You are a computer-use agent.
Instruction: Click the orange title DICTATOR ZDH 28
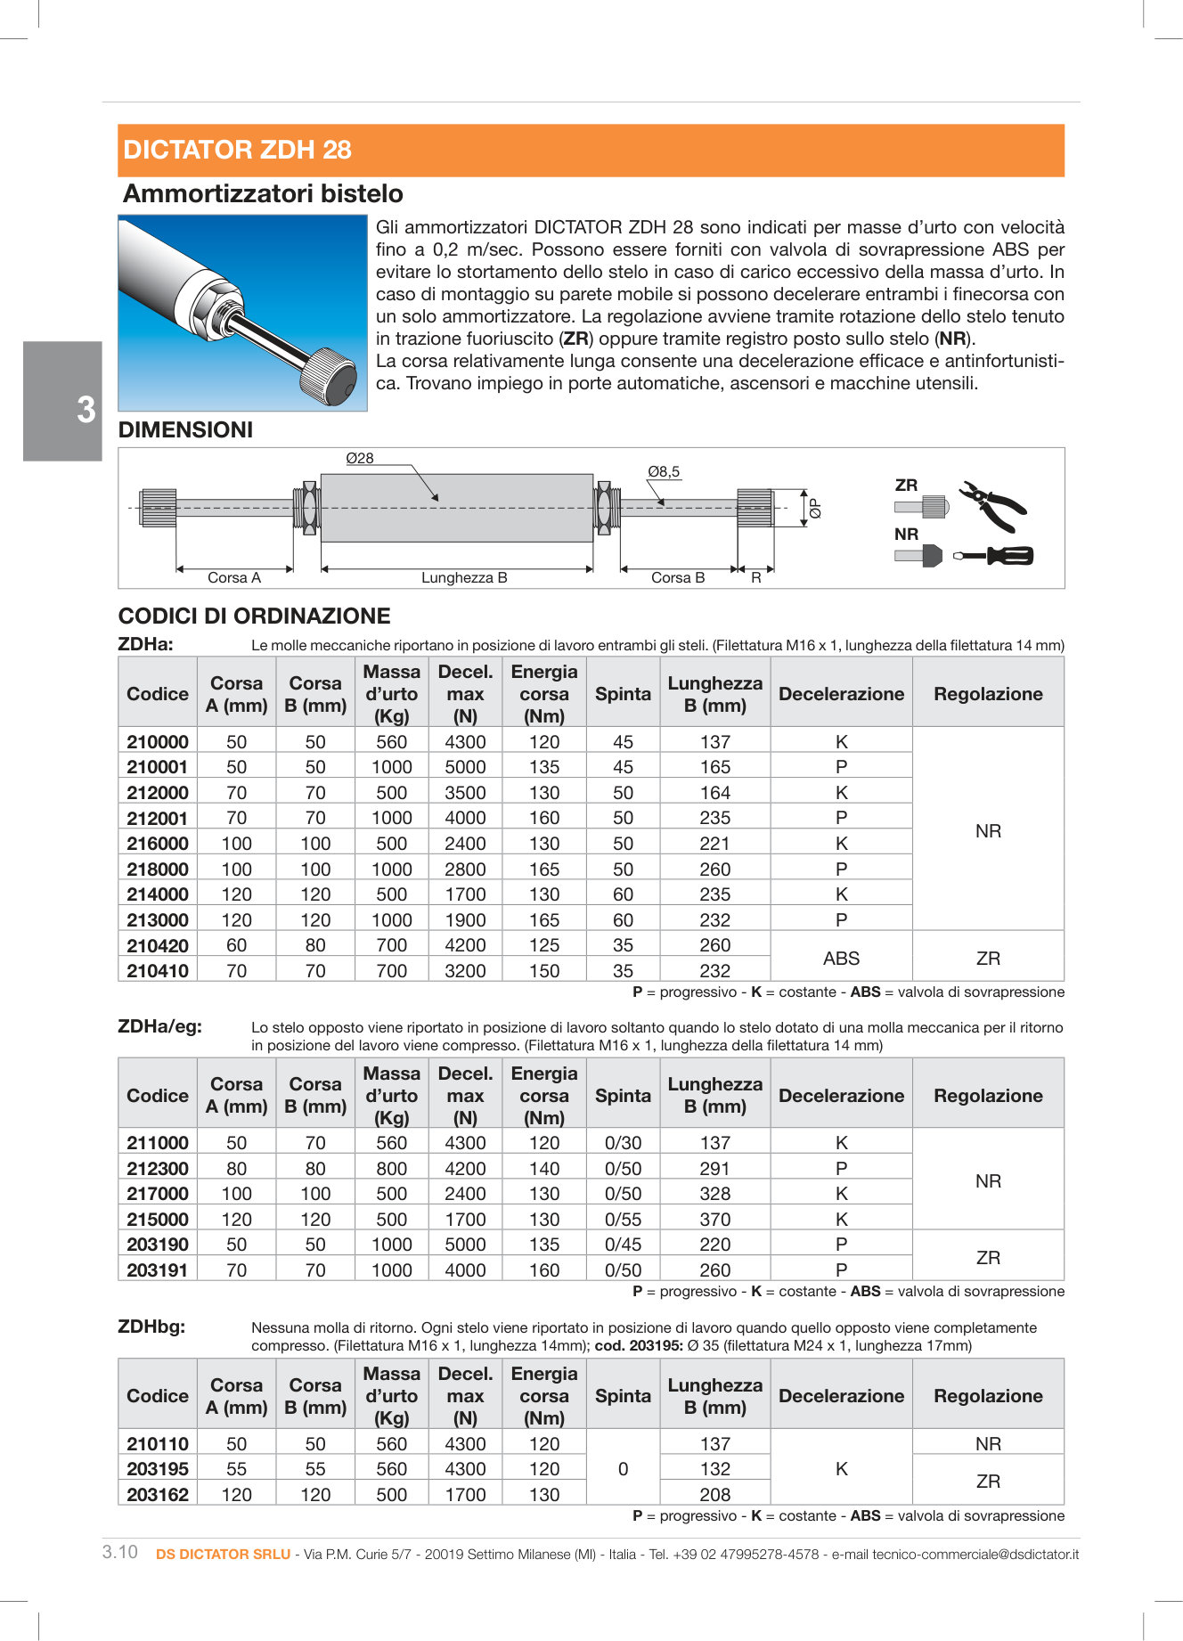(238, 150)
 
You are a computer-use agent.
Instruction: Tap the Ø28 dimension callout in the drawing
(360, 458)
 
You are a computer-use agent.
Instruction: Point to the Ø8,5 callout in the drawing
(664, 471)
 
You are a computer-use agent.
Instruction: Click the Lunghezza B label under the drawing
(464, 577)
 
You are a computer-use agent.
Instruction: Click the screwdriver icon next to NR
(993, 556)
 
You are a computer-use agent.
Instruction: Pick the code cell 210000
(158, 742)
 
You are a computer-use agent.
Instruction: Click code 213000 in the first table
(158, 920)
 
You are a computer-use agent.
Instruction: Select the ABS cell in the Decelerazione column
(841, 959)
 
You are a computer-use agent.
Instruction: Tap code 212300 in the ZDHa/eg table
(158, 1169)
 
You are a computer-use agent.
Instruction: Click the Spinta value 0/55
(623, 1220)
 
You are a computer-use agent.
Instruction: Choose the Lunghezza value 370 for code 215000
(714, 1220)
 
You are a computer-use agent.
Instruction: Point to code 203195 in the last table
(158, 1469)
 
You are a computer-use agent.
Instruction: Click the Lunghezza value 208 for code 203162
(714, 1495)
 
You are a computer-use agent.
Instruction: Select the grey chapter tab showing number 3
(63, 402)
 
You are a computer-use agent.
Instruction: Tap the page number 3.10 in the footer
(120, 1552)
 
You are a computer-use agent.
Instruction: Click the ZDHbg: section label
(151, 1327)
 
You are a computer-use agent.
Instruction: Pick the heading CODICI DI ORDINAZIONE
(254, 616)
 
